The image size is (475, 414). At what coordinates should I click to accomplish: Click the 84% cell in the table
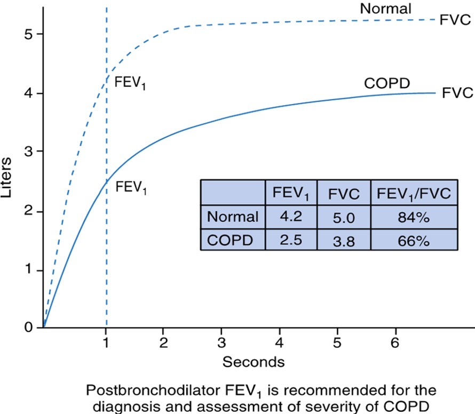(x=414, y=217)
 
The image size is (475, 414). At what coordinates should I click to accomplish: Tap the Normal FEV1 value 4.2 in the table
(x=291, y=216)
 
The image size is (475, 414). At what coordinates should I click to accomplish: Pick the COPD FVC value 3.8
(x=344, y=241)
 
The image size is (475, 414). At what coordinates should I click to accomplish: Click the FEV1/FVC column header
(x=414, y=194)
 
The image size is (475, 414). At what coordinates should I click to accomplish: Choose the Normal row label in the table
(x=233, y=217)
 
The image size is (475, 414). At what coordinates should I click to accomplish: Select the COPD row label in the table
(x=230, y=241)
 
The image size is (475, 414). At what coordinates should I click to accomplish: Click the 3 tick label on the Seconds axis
(x=221, y=343)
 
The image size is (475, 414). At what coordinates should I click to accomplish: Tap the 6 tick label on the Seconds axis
(x=395, y=343)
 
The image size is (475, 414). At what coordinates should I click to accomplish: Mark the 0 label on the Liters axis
(x=29, y=327)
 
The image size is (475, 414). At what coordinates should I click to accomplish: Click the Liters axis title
(x=6, y=178)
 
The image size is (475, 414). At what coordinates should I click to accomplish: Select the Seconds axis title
(x=254, y=362)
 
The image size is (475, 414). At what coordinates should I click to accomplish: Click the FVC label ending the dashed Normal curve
(x=455, y=20)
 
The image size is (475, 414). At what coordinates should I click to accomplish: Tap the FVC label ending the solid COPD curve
(x=457, y=93)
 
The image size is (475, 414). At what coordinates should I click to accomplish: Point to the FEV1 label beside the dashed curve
(x=130, y=83)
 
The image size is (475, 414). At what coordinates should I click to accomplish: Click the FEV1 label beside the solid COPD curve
(x=131, y=187)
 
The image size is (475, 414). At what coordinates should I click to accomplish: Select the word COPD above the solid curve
(x=387, y=83)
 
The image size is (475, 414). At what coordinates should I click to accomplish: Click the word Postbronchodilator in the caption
(x=153, y=390)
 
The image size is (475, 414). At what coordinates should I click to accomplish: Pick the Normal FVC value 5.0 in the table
(x=344, y=218)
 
